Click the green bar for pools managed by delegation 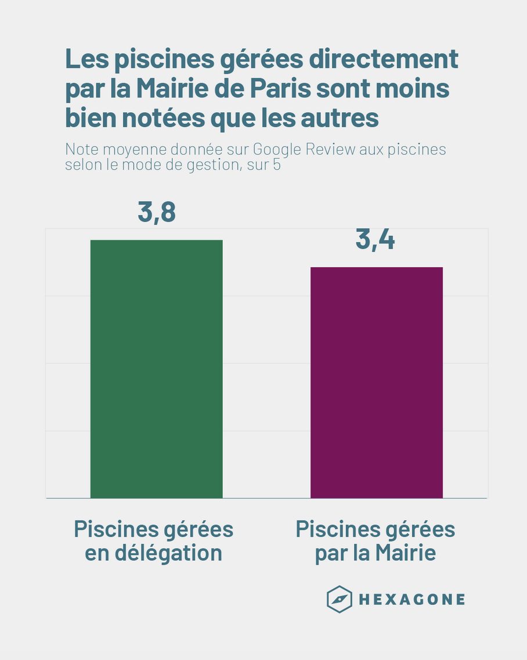point(156,369)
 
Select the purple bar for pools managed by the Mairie point(377,382)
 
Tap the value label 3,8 point(157,213)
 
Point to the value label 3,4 point(376,240)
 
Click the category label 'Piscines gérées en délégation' point(154,541)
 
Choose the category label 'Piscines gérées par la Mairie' point(376,541)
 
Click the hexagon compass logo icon point(339,599)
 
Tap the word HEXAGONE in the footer point(412,600)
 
